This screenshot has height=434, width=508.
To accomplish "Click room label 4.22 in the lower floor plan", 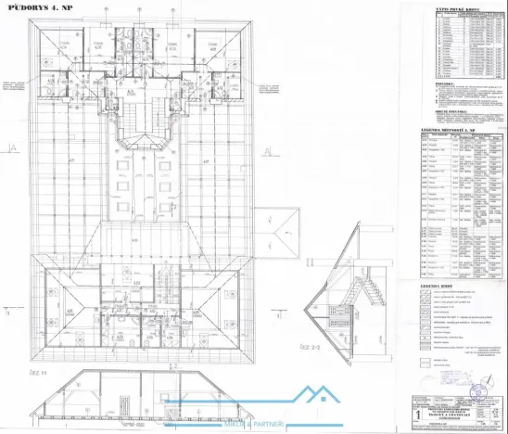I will pyautogui.click(x=135, y=285).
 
